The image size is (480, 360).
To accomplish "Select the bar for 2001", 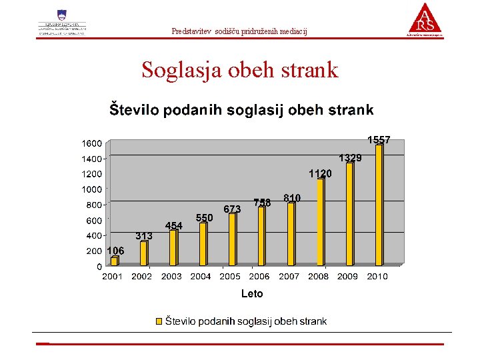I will (x=114, y=261).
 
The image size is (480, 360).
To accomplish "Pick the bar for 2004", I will (x=203, y=244).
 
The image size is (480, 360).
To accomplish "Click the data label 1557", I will (x=379, y=140).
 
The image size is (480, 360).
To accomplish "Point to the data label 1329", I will (x=350, y=158).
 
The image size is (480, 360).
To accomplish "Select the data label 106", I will (x=115, y=251).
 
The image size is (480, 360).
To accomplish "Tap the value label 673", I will (x=232, y=209).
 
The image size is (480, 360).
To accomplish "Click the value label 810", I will (x=291, y=198).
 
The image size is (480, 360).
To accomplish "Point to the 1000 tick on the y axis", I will (x=92, y=189).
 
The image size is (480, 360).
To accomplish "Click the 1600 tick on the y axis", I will (x=92, y=143).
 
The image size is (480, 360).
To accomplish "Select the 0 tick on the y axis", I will (x=99, y=267).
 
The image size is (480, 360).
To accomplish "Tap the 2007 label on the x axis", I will (x=289, y=276).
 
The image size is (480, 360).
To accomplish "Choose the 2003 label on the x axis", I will (x=171, y=276).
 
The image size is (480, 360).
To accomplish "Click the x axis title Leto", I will (x=252, y=294).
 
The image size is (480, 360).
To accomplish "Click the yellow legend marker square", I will (x=159, y=321).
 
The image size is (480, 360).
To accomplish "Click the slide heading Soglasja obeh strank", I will (x=239, y=70).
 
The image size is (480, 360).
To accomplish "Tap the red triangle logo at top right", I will (x=425, y=19).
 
